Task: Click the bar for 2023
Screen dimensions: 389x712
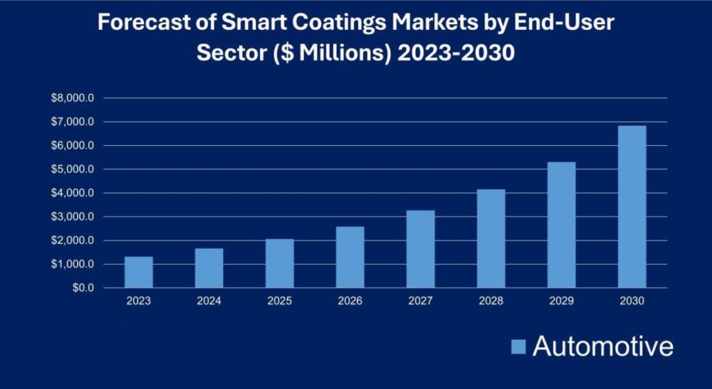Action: (x=139, y=272)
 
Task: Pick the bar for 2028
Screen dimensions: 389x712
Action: (x=491, y=238)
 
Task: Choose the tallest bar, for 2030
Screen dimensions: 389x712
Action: (x=632, y=207)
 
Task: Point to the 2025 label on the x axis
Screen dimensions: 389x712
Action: (x=280, y=301)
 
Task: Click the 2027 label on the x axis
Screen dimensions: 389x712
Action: (x=421, y=301)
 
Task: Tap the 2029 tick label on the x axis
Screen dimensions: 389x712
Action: (x=562, y=301)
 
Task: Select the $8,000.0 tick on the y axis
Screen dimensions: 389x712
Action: (x=73, y=98)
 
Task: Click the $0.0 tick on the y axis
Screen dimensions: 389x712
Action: (x=83, y=288)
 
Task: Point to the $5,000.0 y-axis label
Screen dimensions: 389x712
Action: (x=73, y=169)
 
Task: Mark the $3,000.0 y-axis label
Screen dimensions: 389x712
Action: (x=73, y=217)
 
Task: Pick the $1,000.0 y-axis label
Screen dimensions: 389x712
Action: (x=73, y=265)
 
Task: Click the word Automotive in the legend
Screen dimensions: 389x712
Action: (x=602, y=346)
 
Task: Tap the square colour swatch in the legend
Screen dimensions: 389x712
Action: (x=518, y=347)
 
